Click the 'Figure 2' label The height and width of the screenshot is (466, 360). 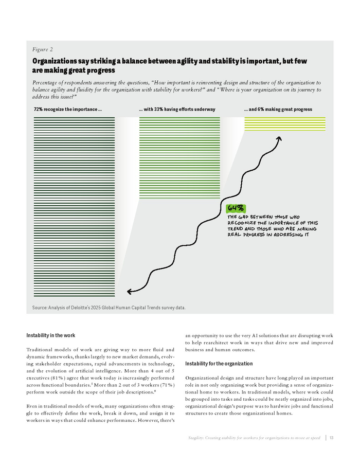click(42, 49)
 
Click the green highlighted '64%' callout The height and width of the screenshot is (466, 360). click(236, 208)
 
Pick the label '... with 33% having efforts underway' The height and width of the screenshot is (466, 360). click(177, 110)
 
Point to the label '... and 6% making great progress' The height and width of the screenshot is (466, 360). click(278, 110)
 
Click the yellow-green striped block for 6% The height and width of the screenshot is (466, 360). click(284, 124)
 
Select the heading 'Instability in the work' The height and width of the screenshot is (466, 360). click(51, 335)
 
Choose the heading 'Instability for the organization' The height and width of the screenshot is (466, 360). click(219, 364)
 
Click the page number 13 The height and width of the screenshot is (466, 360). click(332, 438)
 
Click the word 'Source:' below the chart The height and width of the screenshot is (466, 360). click(40, 308)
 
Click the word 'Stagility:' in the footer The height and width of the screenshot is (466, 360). click(199, 438)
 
